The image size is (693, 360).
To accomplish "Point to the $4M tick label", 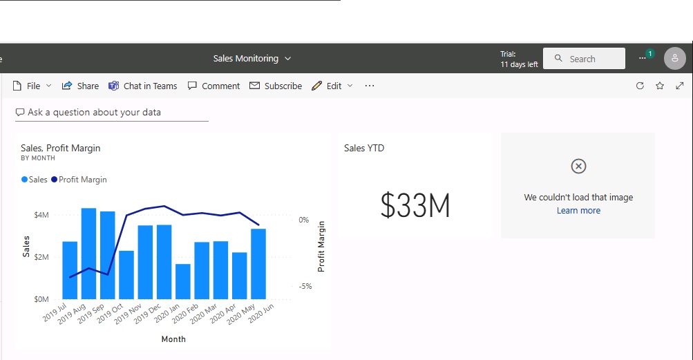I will pos(41,215).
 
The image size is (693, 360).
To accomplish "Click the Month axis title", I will pos(173,339).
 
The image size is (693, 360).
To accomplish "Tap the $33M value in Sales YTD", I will pos(415,205).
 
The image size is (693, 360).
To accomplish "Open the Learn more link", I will pos(578,211).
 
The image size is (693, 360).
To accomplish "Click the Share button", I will pos(80,86).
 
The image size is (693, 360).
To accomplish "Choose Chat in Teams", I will pos(143,86).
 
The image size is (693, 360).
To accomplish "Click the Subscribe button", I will pos(276,86).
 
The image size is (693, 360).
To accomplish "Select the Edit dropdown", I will pos(333,86).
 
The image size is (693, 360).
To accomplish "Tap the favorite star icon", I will pos(660,86).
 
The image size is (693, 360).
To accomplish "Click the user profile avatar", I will pos(674,59).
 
